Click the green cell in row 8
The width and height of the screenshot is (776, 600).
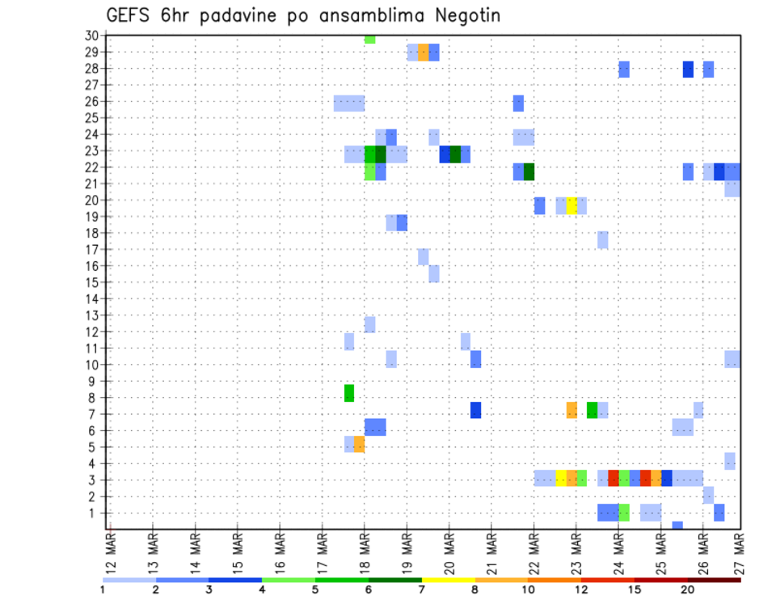[x=349, y=393]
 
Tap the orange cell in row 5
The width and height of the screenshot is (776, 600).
[x=359, y=444]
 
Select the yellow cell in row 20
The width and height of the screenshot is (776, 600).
[x=571, y=205]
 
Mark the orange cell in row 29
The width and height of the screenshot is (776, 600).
[x=424, y=53]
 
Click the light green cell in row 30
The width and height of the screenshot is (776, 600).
[x=369, y=39]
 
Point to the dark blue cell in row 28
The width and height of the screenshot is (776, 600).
[x=688, y=70]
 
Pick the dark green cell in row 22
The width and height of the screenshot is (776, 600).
[x=529, y=171]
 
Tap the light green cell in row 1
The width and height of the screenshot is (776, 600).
[x=624, y=513]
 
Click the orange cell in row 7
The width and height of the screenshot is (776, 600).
[x=571, y=410]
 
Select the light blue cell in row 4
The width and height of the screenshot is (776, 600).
[x=730, y=461]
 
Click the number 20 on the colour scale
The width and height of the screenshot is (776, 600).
[x=688, y=589]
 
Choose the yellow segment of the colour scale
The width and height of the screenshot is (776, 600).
[x=448, y=580]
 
